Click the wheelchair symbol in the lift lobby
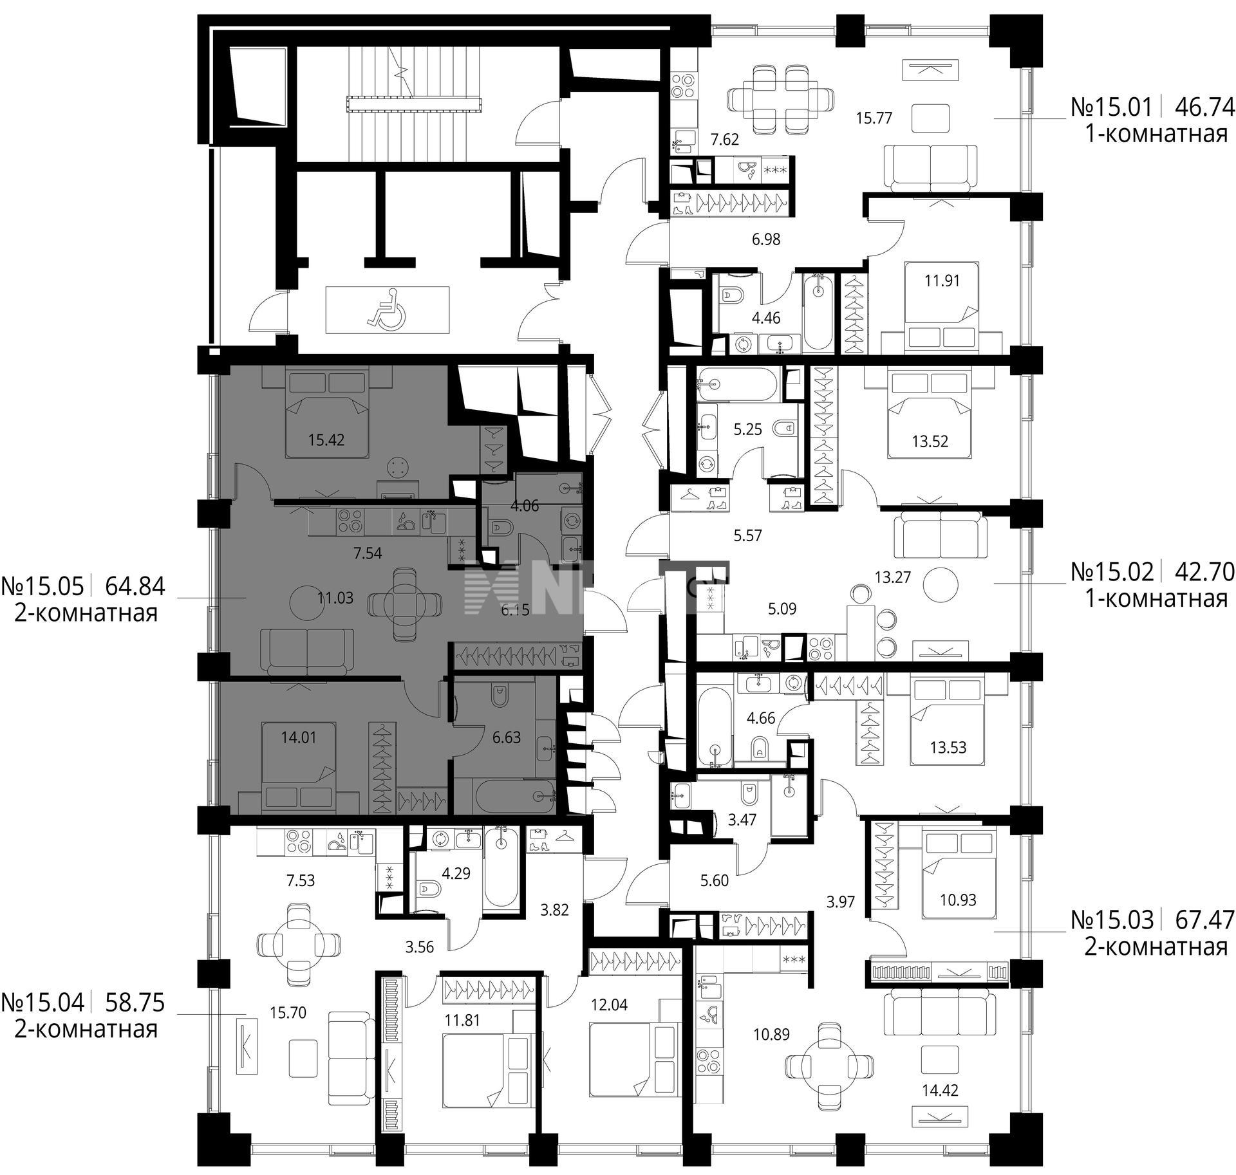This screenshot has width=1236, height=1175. coord(386,310)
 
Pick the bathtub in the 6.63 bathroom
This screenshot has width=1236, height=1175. coord(514,796)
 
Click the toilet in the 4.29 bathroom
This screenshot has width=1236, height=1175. coord(427,890)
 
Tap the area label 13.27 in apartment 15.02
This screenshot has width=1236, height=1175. coord(893,577)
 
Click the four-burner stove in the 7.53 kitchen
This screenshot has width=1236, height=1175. coord(297,841)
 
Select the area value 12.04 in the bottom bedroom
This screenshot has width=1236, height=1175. coord(609,1004)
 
